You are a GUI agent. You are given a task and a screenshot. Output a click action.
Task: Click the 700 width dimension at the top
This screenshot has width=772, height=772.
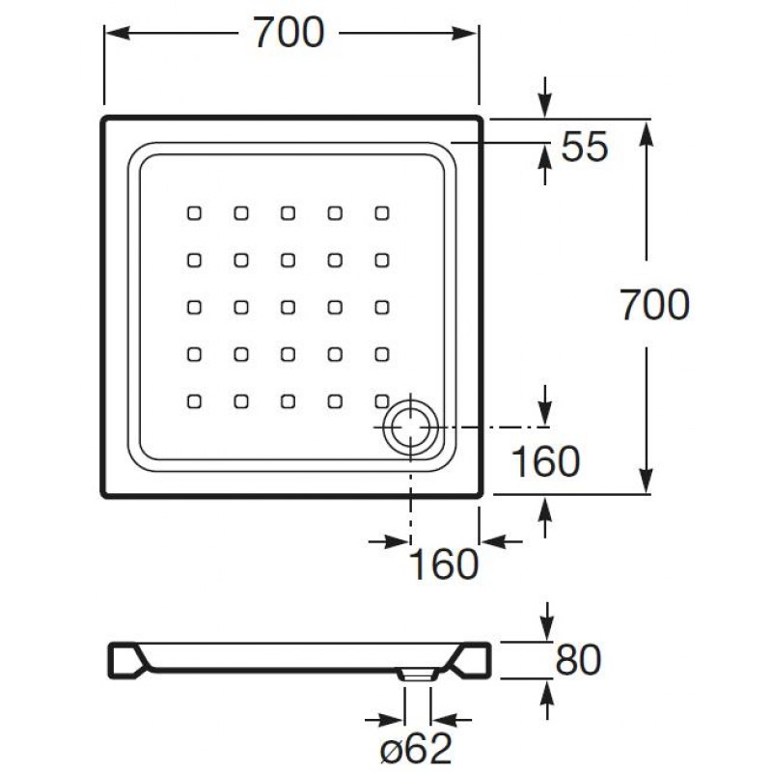(x=289, y=33)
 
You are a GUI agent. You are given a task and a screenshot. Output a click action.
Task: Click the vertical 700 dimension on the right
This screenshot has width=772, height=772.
(x=654, y=305)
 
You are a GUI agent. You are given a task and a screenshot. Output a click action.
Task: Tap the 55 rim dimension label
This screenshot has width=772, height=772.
(x=585, y=147)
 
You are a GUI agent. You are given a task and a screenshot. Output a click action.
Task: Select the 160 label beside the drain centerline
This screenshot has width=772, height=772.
(x=545, y=461)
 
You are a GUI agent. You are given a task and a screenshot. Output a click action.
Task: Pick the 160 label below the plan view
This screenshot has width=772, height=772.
(x=444, y=565)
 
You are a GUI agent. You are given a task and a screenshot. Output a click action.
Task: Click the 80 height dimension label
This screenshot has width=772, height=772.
(x=578, y=659)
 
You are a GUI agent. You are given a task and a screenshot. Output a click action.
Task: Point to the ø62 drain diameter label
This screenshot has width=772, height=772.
(x=417, y=749)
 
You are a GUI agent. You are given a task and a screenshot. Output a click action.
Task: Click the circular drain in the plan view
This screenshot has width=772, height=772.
(x=411, y=427)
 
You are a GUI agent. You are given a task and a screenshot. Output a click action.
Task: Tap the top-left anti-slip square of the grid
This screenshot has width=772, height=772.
(x=195, y=213)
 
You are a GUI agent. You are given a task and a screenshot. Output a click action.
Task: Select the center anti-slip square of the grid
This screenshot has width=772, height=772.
(x=288, y=307)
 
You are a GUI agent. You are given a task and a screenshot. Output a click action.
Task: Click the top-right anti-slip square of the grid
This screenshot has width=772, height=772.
(x=382, y=213)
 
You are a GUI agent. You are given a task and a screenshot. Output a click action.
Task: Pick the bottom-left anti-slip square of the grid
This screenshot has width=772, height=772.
(x=195, y=401)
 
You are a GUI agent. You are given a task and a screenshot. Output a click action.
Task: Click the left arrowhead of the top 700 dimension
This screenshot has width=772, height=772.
(x=118, y=33)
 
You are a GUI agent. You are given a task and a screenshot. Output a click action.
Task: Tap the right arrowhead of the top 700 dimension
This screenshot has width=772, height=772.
(x=465, y=33)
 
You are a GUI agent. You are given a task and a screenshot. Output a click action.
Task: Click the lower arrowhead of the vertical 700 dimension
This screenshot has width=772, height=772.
(x=647, y=480)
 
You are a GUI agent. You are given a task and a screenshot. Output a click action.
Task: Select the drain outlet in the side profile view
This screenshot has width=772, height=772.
(x=418, y=675)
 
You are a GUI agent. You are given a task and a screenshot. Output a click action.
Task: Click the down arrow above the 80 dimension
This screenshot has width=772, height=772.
(x=547, y=621)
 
